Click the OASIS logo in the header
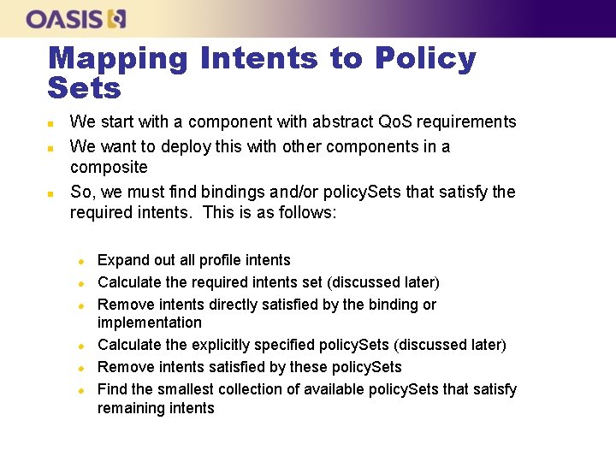pyautogui.click(x=76, y=19)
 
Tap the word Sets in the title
pyautogui.click(x=85, y=87)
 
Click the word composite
pyautogui.click(x=109, y=167)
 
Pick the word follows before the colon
pyautogui.click(x=310, y=212)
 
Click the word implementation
pyautogui.click(x=150, y=323)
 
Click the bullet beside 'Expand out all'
pyautogui.click(x=80, y=261)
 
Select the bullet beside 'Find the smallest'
pyautogui.click(x=80, y=390)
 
